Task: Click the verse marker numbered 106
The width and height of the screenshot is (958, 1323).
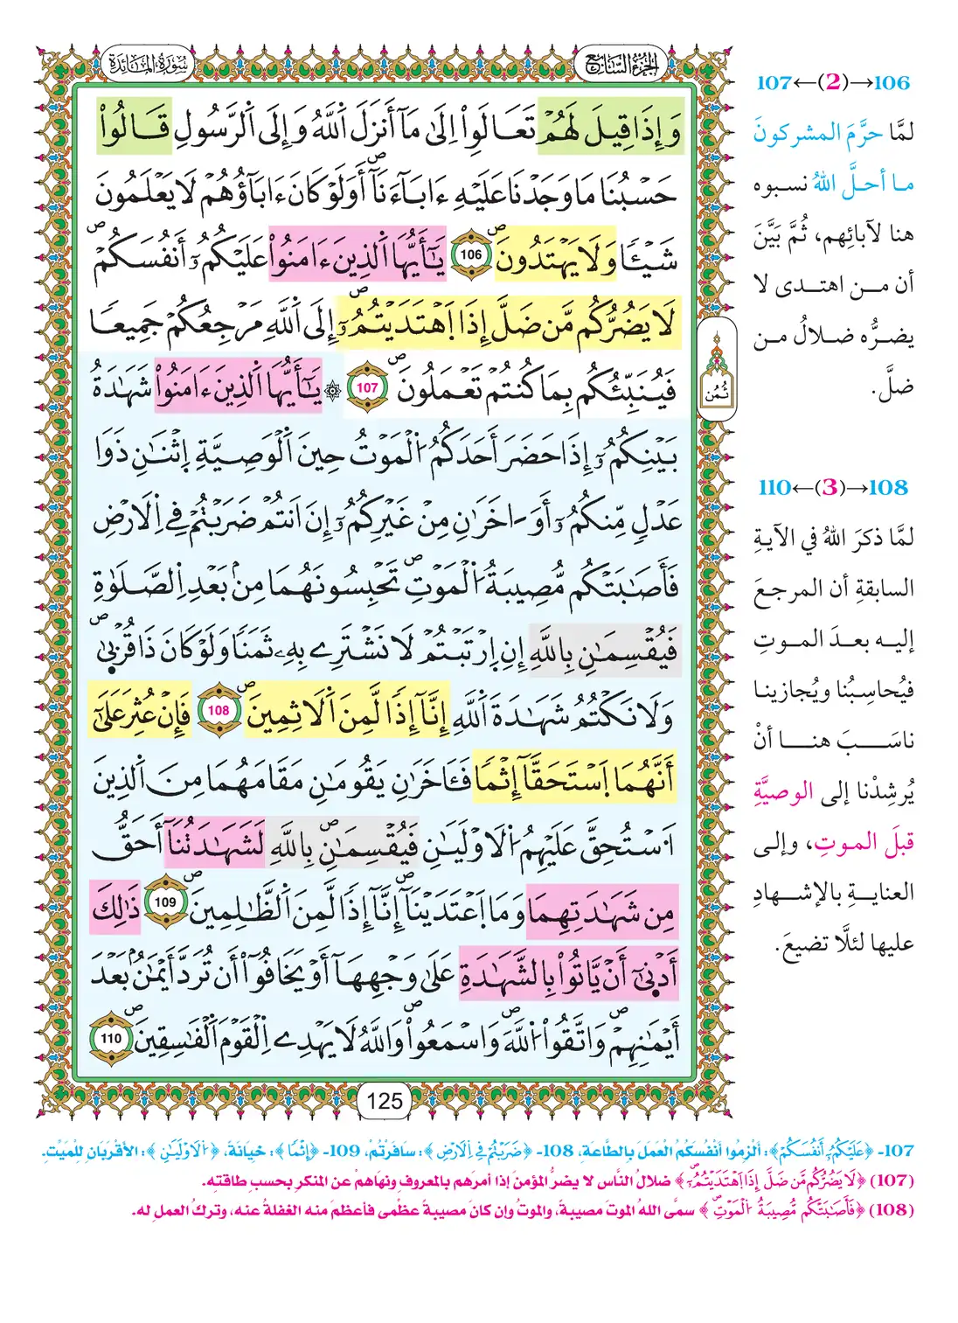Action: [x=471, y=254]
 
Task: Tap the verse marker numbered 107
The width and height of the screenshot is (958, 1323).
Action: [x=368, y=387]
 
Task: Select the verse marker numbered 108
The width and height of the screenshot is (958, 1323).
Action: [x=219, y=710]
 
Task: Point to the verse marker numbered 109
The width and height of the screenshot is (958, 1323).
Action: [x=165, y=902]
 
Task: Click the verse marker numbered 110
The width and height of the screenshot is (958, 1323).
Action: [x=111, y=1039]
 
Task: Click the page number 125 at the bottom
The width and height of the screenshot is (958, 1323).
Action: [x=385, y=1100]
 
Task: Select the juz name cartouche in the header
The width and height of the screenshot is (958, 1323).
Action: [x=620, y=64]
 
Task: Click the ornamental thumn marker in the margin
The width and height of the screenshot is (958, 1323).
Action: [x=716, y=372]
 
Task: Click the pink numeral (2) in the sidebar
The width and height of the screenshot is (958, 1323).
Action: [x=833, y=83]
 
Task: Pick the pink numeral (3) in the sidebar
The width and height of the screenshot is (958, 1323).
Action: [x=832, y=488]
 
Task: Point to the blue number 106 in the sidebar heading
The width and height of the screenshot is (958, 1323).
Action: [x=892, y=83]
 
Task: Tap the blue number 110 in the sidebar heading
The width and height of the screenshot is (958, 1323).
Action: [x=774, y=488]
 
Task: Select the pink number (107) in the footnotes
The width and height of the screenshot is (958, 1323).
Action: [x=893, y=1180]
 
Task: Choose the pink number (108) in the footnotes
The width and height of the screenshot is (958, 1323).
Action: [x=893, y=1210]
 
